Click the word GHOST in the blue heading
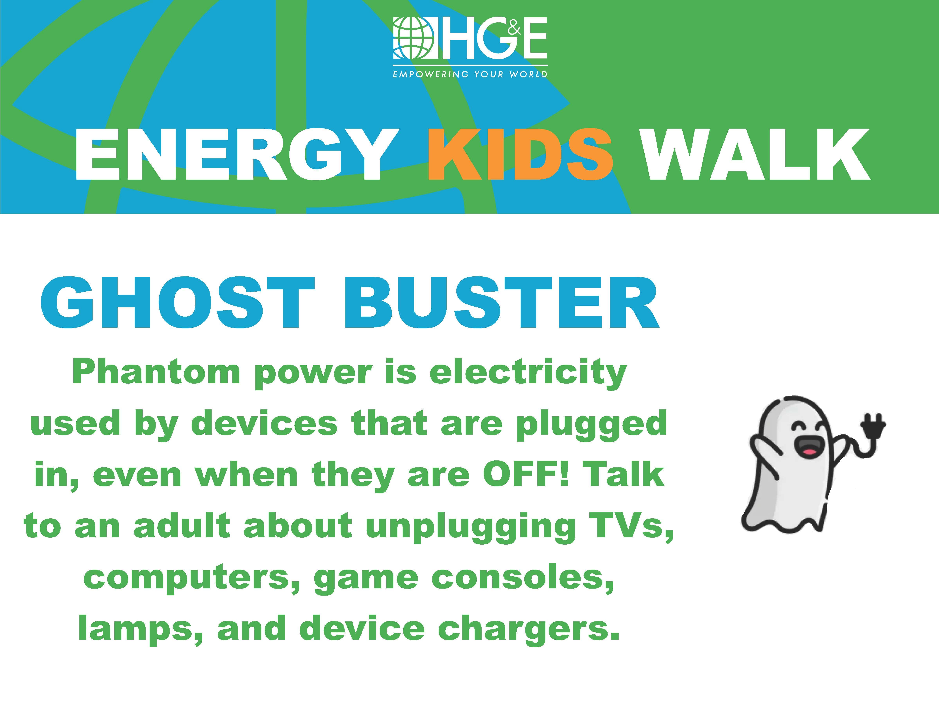[x=178, y=304]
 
